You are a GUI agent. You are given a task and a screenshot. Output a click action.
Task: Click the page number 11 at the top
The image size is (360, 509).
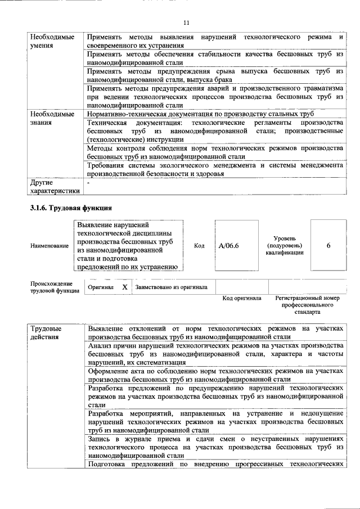tap(186, 22)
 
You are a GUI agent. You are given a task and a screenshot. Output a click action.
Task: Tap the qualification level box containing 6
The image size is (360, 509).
tap(328, 246)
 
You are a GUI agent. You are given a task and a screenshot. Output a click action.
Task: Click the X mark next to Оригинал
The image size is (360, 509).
tap(124, 287)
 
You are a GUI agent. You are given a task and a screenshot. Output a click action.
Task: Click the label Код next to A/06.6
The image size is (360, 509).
tap(199, 246)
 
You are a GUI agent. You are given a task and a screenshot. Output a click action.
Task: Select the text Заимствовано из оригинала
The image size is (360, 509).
tap(171, 287)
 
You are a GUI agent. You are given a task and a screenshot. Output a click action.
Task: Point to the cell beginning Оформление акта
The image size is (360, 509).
tap(215, 375)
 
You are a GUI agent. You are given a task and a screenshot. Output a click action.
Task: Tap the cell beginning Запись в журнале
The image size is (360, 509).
tap(215, 447)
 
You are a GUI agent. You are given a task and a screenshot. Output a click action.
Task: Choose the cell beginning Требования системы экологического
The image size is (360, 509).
tap(215, 169)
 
